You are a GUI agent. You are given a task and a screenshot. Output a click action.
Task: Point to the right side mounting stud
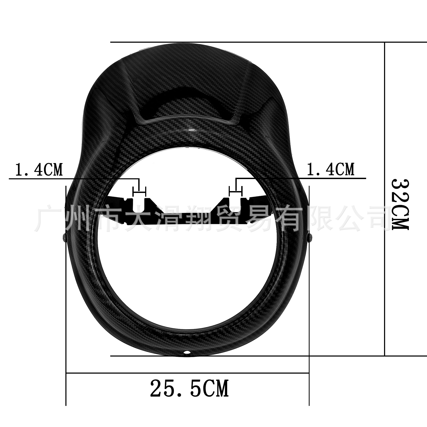click(x=311, y=237)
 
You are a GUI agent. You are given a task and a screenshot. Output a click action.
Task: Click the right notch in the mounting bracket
click(x=235, y=204)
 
